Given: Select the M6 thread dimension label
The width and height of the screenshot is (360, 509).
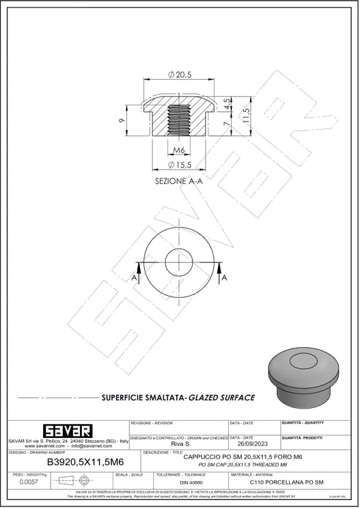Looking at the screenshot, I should coord(179,150).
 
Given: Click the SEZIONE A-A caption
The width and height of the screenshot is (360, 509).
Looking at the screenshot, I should coord(179,181).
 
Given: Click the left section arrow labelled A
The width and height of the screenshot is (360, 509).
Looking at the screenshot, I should coord(135,277).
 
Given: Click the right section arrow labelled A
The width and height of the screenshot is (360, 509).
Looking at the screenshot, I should coord(223,277).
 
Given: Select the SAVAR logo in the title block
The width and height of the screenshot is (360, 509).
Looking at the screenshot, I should coord(67,430).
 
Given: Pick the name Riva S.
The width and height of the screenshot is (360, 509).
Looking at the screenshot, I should coord(180,443).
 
